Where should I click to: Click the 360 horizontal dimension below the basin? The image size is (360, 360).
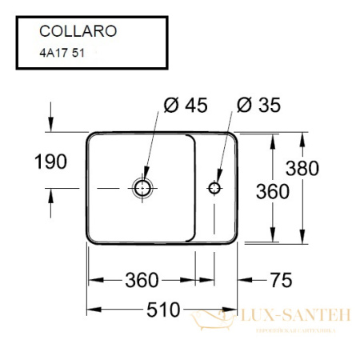[x=142, y=279]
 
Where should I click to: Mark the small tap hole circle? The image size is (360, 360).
[x=214, y=187]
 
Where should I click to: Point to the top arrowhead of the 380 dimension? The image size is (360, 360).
[x=302, y=136]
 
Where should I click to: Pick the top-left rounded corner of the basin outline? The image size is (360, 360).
[x=90, y=135]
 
